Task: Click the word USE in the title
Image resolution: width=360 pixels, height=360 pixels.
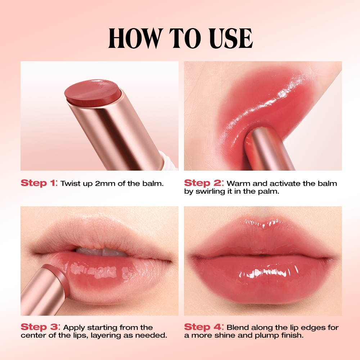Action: [231, 38]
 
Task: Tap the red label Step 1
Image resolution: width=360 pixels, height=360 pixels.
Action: [39, 183]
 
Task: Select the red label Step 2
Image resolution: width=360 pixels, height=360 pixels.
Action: [204, 183]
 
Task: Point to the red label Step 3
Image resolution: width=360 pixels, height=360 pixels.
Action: [40, 327]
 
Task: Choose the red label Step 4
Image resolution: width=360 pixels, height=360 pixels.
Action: [204, 327]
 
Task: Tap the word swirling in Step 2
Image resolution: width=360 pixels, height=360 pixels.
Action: [211, 191]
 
